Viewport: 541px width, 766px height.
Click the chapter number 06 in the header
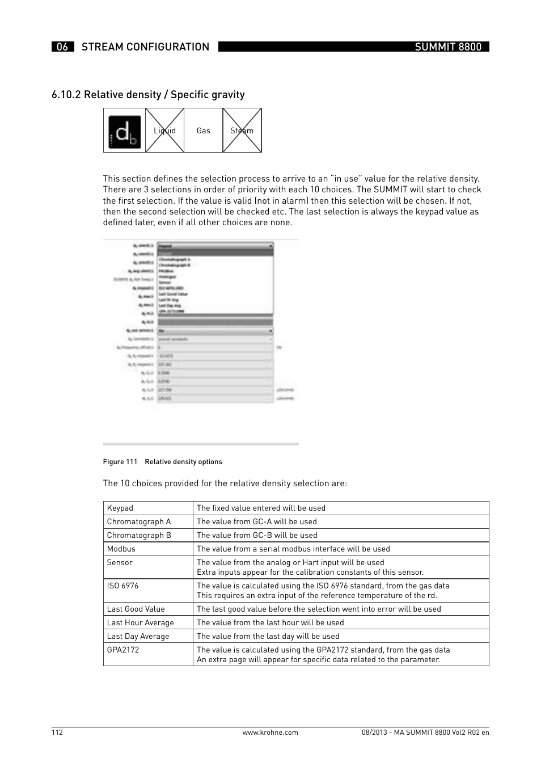click(62, 47)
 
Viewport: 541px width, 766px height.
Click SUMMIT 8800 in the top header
click(447, 47)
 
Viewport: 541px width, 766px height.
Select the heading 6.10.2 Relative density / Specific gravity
click(148, 95)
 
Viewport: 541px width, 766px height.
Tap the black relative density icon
click(125, 131)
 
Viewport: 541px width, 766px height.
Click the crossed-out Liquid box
click(164, 131)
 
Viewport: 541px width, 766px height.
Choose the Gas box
click(203, 131)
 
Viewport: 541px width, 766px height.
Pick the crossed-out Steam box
click(242, 131)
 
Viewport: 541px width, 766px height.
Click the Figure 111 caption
click(162, 462)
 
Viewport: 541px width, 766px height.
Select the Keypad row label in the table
click(120, 508)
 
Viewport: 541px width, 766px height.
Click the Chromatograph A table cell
click(139, 522)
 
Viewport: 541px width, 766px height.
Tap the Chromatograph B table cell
click(139, 536)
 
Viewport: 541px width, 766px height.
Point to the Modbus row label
click(121, 549)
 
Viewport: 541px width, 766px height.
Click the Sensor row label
click(120, 563)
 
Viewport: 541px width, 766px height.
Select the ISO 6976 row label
click(122, 586)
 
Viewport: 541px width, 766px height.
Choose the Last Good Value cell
click(136, 609)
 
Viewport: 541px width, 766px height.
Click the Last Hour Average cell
click(140, 623)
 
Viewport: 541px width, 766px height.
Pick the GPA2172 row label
click(123, 650)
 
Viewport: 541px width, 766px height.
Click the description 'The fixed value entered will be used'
click(261, 508)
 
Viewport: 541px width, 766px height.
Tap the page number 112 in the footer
click(57, 733)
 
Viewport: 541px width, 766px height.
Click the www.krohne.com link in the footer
click(270, 733)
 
